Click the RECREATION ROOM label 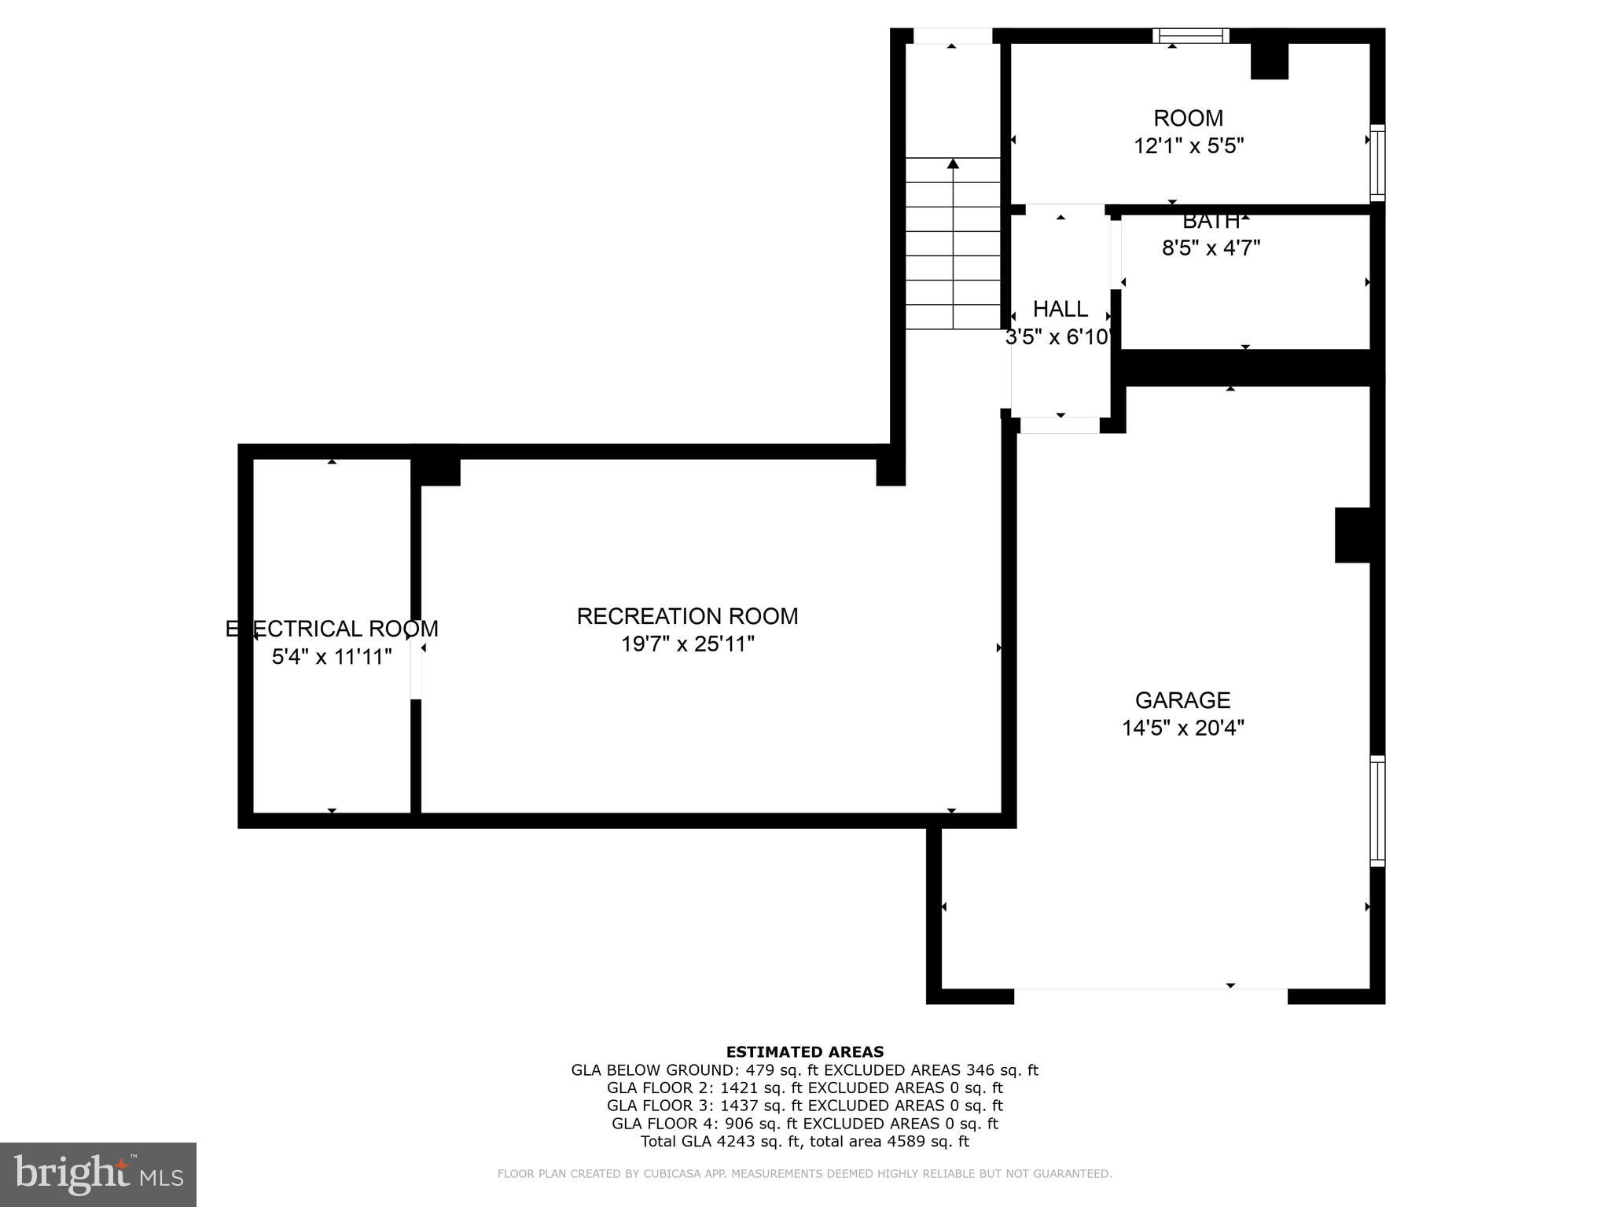pyautogui.click(x=687, y=616)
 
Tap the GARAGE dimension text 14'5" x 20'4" pyautogui.click(x=1182, y=728)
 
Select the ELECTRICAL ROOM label pyautogui.click(x=332, y=629)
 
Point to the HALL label pyautogui.click(x=1060, y=309)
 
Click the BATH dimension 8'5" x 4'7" pyautogui.click(x=1211, y=248)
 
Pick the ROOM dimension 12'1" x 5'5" pyautogui.click(x=1188, y=146)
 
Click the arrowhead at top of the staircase pyautogui.click(x=954, y=163)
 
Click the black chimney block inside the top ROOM pyautogui.click(x=1269, y=61)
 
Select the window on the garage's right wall pyautogui.click(x=1377, y=811)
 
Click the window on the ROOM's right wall pyautogui.click(x=1377, y=163)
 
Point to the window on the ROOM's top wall pyautogui.click(x=1190, y=35)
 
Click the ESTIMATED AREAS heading pyautogui.click(x=804, y=1052)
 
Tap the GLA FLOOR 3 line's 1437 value pyautogui.click(x=738, y=1106)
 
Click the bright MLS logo pyautogui.click(x=98, y=1175)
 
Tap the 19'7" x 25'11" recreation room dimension pyautogui.click(x=687, y=644)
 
